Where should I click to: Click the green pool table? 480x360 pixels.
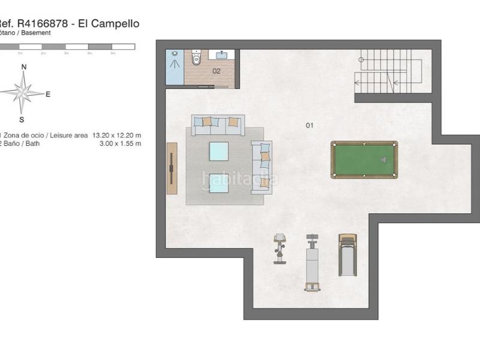coord(364,160)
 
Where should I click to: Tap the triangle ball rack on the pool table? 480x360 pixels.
coord(383,160)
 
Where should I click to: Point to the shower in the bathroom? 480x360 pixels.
coord(175,67)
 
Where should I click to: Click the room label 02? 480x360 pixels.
coord(217,71)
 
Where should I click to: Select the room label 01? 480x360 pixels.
coord(310,125)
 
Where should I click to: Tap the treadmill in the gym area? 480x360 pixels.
coord(347,254)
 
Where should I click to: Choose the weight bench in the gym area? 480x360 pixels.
coord(312,262)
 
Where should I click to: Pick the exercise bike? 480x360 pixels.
coord(280,248)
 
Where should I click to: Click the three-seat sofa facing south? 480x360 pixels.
coord(218,125)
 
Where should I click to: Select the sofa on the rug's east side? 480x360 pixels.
coord(262,167)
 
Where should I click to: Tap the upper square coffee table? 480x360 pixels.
coord(218,151)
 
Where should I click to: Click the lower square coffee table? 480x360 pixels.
coord(218,182)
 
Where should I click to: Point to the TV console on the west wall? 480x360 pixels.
coord(172,168)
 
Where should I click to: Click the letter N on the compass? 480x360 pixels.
coord(24,67)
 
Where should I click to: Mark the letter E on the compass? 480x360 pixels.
coord(48,94)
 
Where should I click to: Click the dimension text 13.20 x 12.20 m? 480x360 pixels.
coord(117,136)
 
